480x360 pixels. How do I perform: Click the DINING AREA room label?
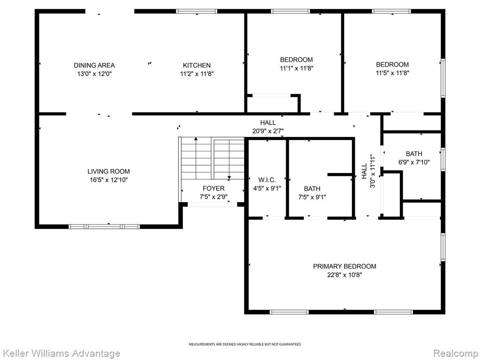click(x=94, y=65)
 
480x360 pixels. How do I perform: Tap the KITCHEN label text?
click(x=196, y=65)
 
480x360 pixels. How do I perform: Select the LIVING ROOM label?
click(x=109, y=172)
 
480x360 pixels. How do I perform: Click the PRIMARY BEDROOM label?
click(x=345, y=266)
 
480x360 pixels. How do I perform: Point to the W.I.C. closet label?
click(x=267, y=180)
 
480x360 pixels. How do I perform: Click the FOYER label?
click(x=213, y=188)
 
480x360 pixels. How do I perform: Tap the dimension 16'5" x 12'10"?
click(x=109, y=180)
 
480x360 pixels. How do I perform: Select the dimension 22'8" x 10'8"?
click(x=345, y=275)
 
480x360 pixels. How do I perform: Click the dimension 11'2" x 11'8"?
click(x=196, y=74)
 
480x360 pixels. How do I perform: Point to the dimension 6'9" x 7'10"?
click(x=414, y=162)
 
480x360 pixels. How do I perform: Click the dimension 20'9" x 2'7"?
click(x=268, y=131)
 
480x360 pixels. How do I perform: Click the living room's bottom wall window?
click(x=104, y=226)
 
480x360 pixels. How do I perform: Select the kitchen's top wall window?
click(x=196, y=11)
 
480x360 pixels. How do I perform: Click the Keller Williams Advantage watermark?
click(x=60, y=353)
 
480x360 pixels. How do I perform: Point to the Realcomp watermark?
click(x=456, y=353)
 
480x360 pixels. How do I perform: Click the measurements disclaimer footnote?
click(x=245, y=345)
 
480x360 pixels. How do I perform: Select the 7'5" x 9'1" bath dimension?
click(x=312, y=197)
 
